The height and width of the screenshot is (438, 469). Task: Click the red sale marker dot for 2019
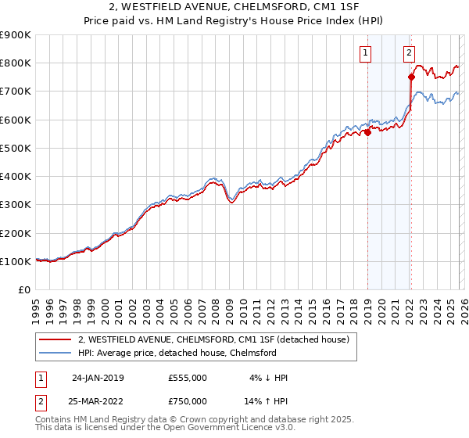(367, 132)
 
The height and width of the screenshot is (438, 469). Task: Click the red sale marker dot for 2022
(411, 77)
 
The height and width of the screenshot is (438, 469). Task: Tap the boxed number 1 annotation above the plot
(366, 53)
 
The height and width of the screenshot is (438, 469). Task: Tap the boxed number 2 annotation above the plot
(409, 53)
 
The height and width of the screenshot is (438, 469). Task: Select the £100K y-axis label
(16, 261)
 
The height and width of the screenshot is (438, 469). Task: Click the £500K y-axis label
(16, 148)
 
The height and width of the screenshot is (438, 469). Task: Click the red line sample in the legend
(55, 339)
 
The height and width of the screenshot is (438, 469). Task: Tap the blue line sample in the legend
(55, 353)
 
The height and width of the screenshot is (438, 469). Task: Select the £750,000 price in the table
(187, 400)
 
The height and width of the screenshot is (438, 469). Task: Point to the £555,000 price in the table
(187, 377)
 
